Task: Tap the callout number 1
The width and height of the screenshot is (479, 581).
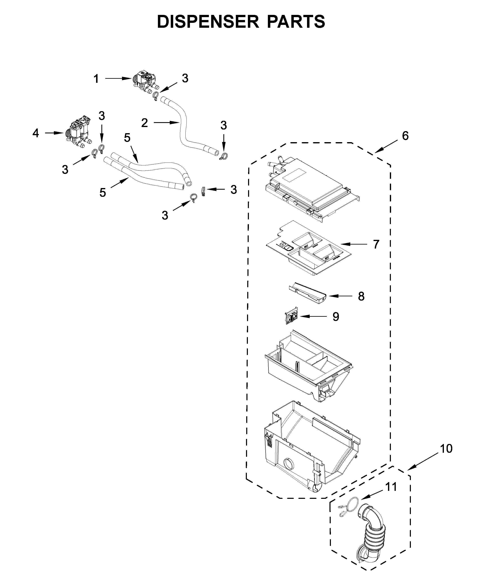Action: pyautogui.click(x=96, y=79)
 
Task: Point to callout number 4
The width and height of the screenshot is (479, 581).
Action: pyautogui.click(x=35, y=133)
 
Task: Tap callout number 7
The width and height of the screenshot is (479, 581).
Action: pyautogui.click(x=376, y=244)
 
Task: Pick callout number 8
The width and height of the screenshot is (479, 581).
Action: pyautogui.click(x=361, y=297)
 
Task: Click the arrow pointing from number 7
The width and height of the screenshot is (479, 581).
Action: pyautogui.click(x=354, y=244)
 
